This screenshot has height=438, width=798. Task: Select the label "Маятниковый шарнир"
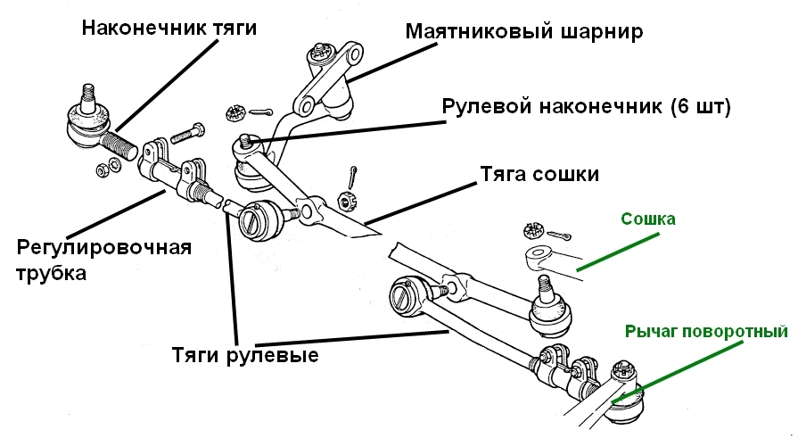[524, 32]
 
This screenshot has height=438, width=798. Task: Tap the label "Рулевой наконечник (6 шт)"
[586, 107]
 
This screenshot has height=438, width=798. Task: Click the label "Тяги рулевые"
[245, 353]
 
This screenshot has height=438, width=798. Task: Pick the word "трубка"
[51, 274]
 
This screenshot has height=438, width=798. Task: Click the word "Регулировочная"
[103, 247]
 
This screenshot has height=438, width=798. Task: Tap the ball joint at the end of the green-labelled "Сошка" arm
[547, 309]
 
